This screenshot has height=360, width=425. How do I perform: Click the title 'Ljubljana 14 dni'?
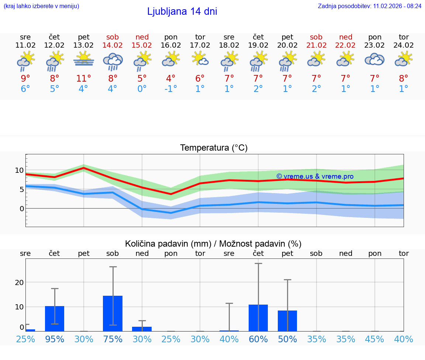pyautogui.click(x=182, y=11)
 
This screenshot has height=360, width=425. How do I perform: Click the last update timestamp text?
pyautogui.click(x=369, y=6)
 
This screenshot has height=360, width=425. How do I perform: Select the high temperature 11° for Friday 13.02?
pyautogui.click(x=84, y=79)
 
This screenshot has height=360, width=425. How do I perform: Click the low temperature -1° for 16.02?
pyautogui.click(x=171, y=89)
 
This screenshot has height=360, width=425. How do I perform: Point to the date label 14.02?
pyautogui.click(x=113, y=45)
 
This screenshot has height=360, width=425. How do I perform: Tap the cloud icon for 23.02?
pyautogui.click(x=374, y=59)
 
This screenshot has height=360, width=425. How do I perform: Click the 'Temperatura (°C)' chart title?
pyautogui.click(x=214, y=148)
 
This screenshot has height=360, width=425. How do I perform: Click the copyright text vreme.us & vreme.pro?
pyautogui.click(x=315, y=176)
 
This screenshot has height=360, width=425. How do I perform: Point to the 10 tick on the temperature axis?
pyautogui.click(x=20, y=170)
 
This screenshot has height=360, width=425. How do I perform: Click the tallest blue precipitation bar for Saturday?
pyautogui.click(x=113, y=313)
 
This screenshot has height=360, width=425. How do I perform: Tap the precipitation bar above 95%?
pyautogui.click(x=55, y=318)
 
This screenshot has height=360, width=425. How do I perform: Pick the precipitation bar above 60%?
pyautogui.click(x=258, y=318)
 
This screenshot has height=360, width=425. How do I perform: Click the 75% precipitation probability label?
pyautogui.click(x=113, y=339)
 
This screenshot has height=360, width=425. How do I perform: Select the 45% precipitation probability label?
pyautogui.click(x=374, y=339)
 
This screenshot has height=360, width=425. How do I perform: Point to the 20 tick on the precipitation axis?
pyautogui.click(x=20, y=282)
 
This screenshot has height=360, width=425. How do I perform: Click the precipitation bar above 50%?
pyautogui.click(x=287, y=320)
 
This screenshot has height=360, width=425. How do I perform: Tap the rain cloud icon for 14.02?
pyautogui.click(x=113, y=61)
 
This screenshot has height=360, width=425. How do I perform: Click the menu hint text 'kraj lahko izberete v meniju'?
pyautogui.click(x=41, y=6)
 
